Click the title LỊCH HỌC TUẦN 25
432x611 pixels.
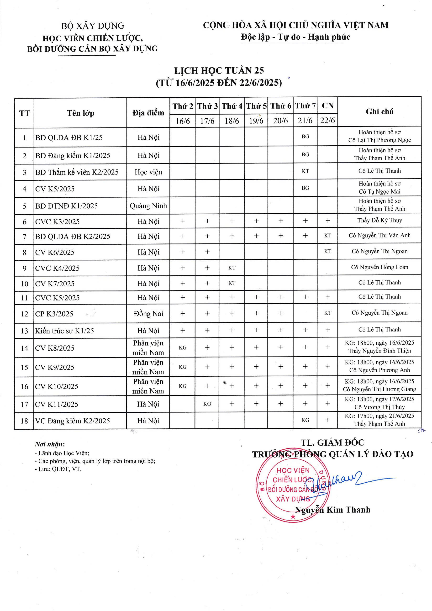click(x=219, y=70)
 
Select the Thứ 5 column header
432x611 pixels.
click(x=256, y=106)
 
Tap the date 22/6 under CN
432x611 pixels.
click(x=327, y=121)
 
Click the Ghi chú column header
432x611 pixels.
click(x=379, y=111)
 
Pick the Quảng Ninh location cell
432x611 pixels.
click(x=148, y=206)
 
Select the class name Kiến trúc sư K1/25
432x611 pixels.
click(x=64, y=331)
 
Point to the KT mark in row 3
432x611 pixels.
click(x=305, y=171)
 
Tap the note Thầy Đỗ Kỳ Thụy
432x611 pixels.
click(x=379, y=220)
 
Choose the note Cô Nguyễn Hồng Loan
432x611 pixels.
click(x=379, y=267)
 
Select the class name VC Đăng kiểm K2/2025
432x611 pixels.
click(x=72, y=421)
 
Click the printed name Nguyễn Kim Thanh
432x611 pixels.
click(x=332, y=510)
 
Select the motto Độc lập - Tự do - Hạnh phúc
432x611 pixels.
click(x=295, y=37)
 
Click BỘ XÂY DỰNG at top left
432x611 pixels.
click(x=92, y=26)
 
